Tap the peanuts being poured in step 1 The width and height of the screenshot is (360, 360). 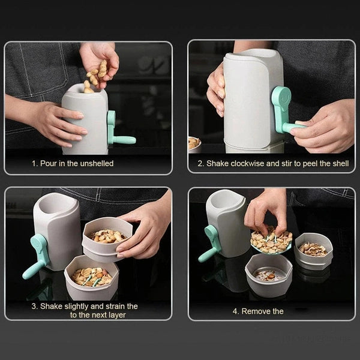96,76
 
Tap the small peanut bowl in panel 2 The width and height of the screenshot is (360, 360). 193,143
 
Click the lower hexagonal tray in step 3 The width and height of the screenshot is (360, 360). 92,277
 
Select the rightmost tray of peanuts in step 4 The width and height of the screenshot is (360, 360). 313,249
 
